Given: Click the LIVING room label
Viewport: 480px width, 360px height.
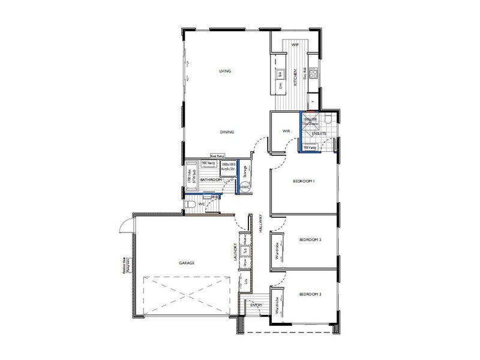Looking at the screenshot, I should [x=225, y=71].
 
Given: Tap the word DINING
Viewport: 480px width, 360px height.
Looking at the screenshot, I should [x=226, y=132].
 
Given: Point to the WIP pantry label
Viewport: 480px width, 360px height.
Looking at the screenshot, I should [x=295, y=45].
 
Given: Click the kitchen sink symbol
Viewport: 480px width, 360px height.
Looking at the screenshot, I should [x=280, y=74].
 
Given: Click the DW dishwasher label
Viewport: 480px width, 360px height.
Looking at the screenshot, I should [x=280, y=86].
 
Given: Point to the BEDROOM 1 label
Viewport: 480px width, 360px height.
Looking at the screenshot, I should [x=304, y=181].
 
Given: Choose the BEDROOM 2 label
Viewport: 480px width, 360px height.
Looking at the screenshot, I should [x=311, y=240].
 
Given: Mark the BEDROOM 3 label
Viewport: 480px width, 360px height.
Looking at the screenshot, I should [x=311, y=294].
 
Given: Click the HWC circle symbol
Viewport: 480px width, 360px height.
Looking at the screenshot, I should [x=245, y=187].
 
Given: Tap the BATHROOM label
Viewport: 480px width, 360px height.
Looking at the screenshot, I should [x=211, y=179].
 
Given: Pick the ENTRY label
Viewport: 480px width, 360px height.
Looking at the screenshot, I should [x=256, y=305].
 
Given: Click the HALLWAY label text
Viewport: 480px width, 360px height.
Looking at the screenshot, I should [x=261, y=224].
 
